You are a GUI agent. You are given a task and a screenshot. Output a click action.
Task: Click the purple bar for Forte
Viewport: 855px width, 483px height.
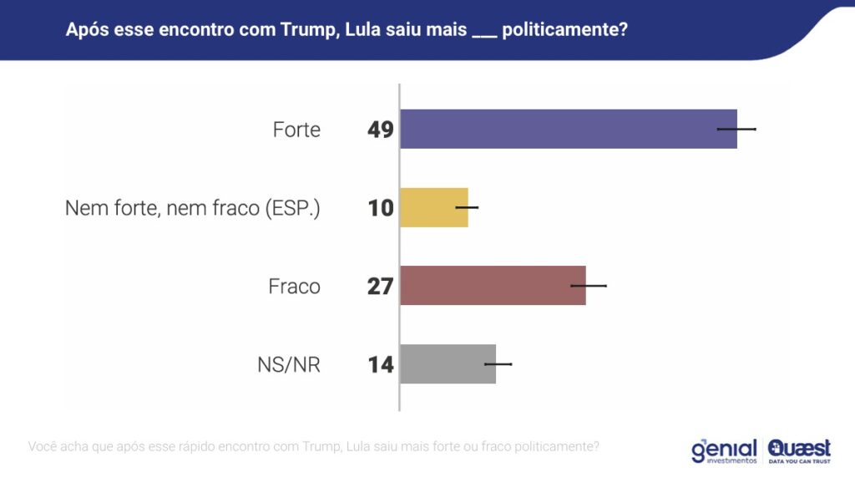568,129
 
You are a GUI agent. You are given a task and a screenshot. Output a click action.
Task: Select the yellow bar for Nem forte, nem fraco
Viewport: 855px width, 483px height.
433,207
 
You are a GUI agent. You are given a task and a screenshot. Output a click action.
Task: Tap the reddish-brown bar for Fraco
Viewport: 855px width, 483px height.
493,285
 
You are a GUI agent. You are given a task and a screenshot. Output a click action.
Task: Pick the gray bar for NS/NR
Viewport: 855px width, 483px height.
448,364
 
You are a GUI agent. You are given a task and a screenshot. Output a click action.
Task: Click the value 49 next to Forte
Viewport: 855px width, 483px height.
381,130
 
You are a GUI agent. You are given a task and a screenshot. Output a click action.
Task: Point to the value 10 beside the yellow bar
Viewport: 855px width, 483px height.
381,208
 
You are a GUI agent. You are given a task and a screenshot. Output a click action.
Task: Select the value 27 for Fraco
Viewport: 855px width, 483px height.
381,286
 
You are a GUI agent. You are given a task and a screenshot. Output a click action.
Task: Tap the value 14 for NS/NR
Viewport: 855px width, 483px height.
381,364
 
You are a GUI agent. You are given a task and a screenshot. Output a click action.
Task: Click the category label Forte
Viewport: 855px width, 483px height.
296,130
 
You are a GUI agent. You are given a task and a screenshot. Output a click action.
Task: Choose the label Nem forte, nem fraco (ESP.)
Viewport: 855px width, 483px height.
193,208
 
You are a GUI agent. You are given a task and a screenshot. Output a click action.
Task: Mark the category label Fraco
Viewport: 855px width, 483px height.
294,287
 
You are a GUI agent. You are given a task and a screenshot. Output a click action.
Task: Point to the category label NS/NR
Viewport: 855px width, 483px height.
289,365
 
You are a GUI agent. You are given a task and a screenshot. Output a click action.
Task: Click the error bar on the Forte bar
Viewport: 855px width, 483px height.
736,129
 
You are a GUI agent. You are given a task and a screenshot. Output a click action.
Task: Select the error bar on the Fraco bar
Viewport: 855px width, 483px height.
589,286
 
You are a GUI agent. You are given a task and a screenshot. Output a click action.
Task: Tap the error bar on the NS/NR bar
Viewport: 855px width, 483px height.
498,364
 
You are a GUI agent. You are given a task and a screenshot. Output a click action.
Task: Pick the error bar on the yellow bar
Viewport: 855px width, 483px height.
467,207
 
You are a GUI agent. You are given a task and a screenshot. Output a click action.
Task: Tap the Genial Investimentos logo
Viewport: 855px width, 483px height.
724,450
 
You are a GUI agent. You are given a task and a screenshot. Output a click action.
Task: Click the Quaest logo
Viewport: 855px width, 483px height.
799,450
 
